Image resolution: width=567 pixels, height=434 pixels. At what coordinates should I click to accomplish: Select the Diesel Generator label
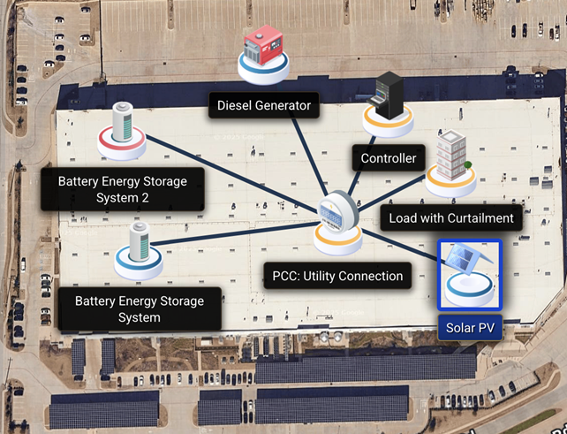click(265, 106)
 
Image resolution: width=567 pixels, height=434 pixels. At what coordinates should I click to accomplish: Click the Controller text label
click(389, 159)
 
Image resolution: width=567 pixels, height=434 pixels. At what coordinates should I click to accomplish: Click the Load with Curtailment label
click(450, 218)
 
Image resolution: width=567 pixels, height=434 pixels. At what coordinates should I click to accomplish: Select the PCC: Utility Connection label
click(337, 276)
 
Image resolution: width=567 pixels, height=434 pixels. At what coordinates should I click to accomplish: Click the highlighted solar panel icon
click(470, 274)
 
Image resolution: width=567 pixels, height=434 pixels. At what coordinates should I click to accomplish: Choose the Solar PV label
click(470, 329)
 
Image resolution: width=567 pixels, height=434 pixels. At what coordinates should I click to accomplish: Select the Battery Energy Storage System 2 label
click(123, 189)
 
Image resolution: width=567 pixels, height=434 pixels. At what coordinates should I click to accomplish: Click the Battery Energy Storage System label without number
click(140, 308)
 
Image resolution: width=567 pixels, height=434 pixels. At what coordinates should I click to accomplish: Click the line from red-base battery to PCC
click(230, 172)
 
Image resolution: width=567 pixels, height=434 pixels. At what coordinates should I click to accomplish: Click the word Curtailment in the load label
click(475, 218)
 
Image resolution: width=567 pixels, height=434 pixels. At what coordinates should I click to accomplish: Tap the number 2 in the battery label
click(155, 197)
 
